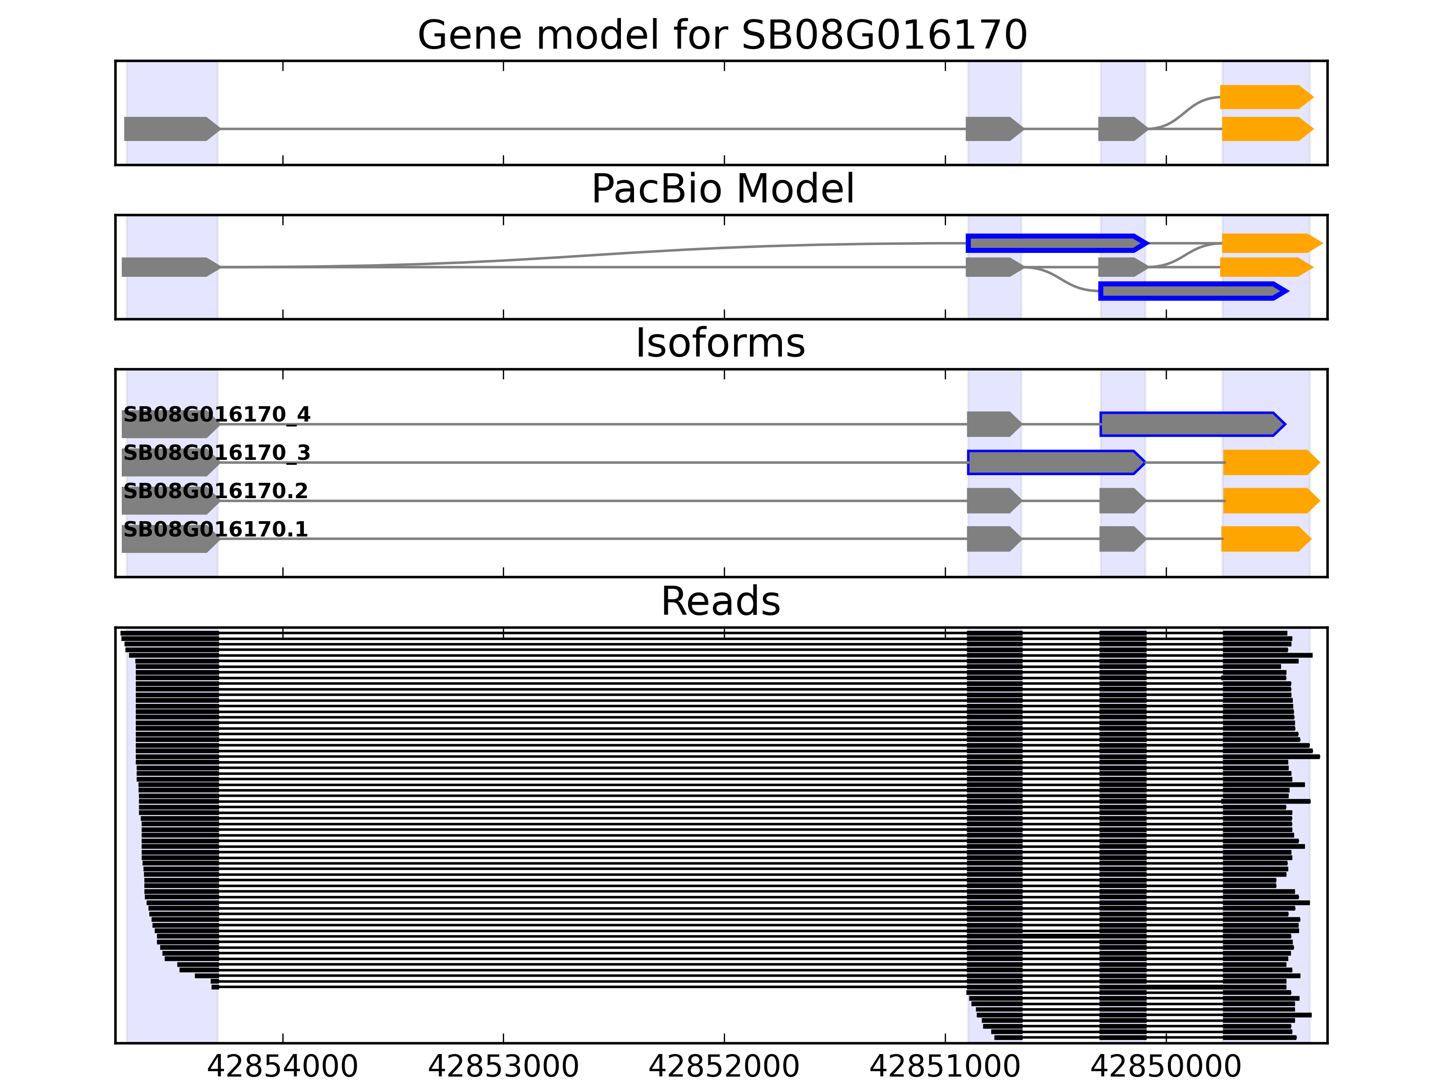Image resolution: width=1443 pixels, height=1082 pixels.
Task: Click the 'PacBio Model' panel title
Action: [721, 189]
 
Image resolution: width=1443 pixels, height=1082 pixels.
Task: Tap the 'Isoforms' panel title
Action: [720, 343]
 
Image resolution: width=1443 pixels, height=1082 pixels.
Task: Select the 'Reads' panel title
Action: [720, 601]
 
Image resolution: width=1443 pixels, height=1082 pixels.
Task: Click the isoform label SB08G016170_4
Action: [216, 414]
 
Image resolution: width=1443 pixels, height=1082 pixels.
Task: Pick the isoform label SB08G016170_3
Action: [216, 453]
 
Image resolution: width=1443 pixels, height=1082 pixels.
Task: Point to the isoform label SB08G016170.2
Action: [215, 491]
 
